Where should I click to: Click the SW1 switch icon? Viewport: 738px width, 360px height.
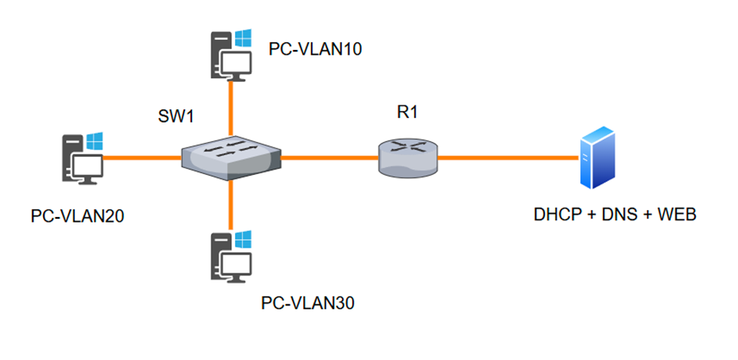tap(230, 158)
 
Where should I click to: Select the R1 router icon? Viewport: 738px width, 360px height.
tap(408, 156)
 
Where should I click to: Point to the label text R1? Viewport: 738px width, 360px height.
tap(408, 112)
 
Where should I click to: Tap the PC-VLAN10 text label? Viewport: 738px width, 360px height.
tap(316, 49)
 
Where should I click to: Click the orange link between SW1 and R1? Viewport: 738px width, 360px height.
tap(328, 158)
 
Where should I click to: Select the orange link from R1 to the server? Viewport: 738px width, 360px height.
tap(508, 158)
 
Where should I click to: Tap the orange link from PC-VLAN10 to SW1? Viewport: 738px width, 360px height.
tap(230, 105)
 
